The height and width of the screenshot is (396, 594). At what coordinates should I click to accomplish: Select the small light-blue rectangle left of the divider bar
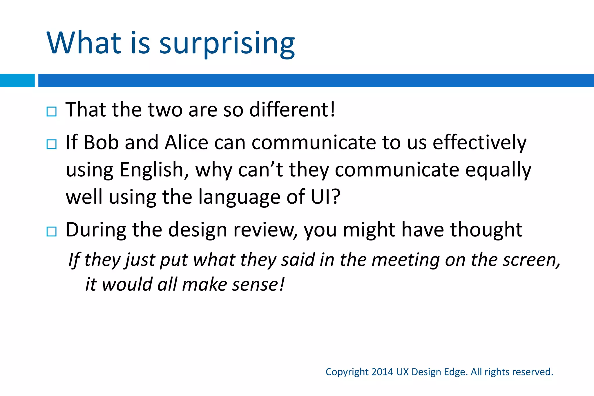17,80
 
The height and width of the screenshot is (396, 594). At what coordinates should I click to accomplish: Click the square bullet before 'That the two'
52,111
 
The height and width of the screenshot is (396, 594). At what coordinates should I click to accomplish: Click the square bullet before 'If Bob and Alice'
52,144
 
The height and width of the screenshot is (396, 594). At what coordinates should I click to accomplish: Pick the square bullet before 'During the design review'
52,232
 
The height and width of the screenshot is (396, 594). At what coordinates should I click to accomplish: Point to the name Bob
101,142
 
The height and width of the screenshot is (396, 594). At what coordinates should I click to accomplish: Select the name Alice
186,142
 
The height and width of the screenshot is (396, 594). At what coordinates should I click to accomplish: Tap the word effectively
479,142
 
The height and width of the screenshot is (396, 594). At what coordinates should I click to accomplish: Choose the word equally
498,170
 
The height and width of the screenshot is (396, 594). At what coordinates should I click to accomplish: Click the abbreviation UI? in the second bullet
325,197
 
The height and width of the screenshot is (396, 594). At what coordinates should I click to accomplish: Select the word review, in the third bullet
265,230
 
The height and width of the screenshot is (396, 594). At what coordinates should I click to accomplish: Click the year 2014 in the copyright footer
382,372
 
